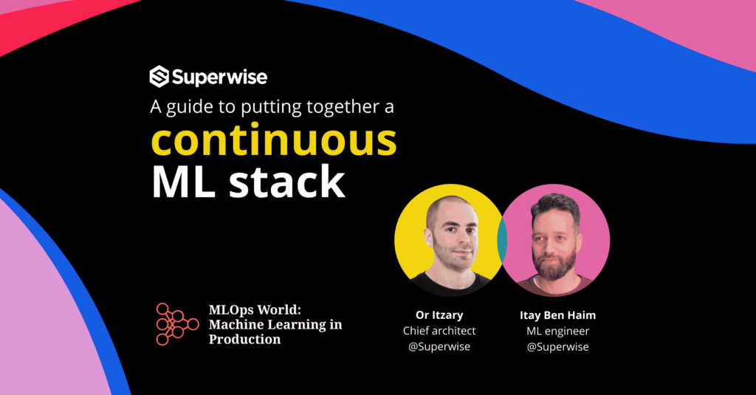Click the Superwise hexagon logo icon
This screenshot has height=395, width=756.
159,77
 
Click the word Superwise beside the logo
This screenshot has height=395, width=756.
219,77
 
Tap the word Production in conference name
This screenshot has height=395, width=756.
244,340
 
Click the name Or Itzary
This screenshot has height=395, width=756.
439,315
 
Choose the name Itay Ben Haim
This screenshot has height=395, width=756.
557,315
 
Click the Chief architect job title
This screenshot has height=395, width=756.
439,331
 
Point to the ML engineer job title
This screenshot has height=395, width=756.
557,331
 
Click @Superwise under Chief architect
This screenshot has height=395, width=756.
439,346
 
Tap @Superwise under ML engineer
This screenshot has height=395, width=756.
557,346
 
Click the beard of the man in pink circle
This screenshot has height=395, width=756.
555,265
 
